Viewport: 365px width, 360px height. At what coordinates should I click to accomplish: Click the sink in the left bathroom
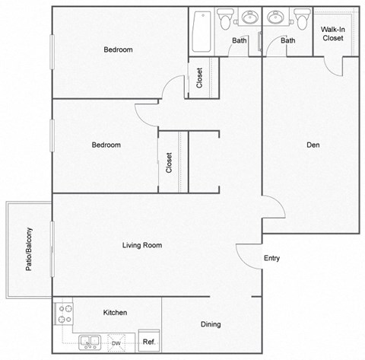250,18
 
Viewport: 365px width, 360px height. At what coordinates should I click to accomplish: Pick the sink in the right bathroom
275,18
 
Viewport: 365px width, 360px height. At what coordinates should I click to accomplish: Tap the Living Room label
142,245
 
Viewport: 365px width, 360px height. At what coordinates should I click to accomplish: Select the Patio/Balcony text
28,250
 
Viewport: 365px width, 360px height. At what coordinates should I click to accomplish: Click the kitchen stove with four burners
63,314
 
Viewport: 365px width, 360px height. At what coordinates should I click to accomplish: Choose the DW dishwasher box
116,343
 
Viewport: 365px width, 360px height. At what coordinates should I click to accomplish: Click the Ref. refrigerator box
149,342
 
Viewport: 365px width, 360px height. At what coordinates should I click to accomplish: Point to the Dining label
211,324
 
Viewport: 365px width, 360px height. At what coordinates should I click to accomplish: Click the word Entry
271,258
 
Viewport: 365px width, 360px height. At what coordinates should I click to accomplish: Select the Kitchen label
115,313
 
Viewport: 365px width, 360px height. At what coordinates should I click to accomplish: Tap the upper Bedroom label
118,49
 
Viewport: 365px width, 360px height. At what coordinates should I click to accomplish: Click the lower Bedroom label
106,145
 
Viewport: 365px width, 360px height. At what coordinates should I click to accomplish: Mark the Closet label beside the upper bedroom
199,78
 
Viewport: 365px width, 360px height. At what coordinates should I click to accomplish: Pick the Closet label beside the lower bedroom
170,163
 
